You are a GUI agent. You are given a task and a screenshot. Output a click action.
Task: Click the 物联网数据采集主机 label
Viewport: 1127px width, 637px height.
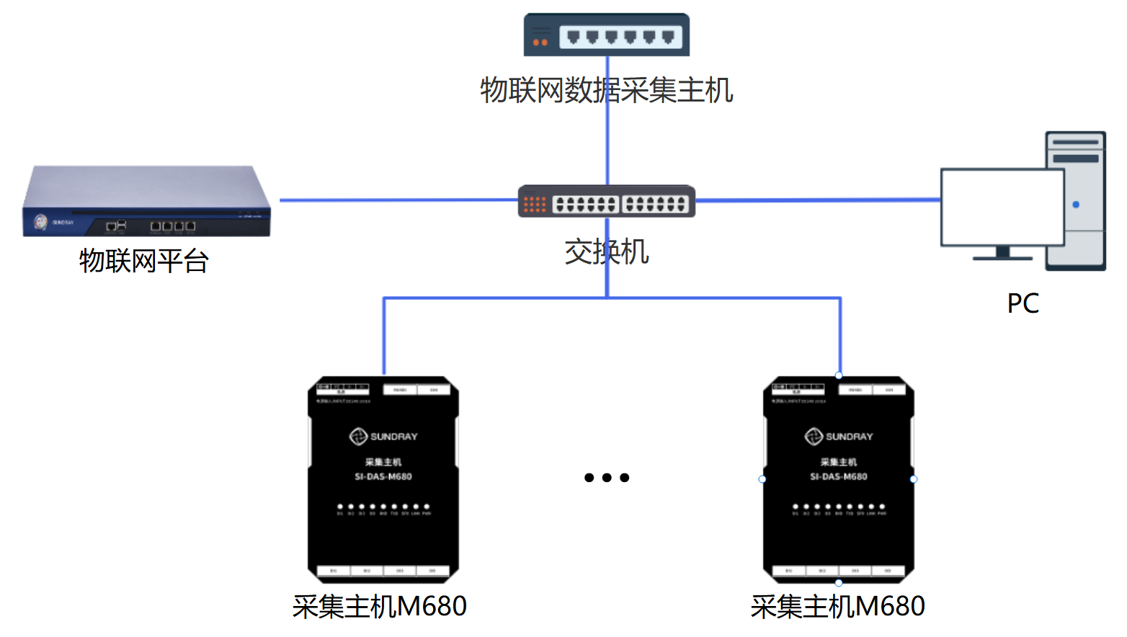(x=607, y=91)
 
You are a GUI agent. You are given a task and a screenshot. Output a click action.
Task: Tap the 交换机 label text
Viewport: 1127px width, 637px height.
(x=607, y=252)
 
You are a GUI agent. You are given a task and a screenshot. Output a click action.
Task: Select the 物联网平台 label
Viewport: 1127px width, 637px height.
(x=144, y=261)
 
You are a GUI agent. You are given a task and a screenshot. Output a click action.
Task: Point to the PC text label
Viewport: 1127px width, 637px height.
(x=1023, y=303)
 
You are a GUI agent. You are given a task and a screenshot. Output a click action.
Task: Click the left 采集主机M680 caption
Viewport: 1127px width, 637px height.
(x=380, y=607)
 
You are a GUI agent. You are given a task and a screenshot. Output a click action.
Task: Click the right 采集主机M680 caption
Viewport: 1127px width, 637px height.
(x=837, y=607)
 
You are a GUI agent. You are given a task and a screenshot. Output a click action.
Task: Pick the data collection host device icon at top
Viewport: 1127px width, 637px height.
(x=607, y=35)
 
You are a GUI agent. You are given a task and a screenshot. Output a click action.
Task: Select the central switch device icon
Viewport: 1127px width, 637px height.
(x=607, y=202)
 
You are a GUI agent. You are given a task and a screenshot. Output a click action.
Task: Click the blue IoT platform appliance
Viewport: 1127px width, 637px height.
(x=147, y=201)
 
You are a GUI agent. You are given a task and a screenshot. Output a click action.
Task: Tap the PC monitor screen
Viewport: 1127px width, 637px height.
(x=1002, y=208)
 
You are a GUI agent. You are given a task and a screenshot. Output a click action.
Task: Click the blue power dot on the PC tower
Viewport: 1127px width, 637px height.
(x=1076, y=205)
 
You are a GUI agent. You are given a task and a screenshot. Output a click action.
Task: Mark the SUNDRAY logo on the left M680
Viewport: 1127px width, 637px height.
(x=383, y=437)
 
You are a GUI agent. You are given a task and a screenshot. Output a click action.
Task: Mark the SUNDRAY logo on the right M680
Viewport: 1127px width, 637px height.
(x=839, y=437)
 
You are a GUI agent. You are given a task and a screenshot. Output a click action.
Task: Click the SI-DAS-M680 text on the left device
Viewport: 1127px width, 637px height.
(x=383, y=476)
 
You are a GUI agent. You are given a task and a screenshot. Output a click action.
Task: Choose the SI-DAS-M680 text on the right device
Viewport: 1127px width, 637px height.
(x=839, y=476)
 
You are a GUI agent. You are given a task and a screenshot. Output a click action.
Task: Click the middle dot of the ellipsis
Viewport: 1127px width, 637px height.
(x=607, y=478)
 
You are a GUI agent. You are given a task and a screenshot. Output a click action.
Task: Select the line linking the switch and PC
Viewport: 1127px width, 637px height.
(x=818, y=200)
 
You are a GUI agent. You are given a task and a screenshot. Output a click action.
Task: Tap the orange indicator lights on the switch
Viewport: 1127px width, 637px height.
(x=535, y=205)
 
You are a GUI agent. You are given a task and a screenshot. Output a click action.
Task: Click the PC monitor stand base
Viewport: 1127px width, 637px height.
(x=1002, y=257)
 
